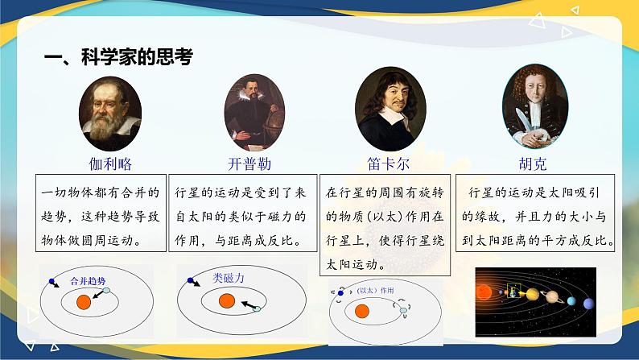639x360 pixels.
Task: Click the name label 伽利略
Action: click(110, 163)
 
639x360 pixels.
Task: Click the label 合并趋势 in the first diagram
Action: click(88, 281)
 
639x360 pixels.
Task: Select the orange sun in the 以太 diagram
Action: click(362, 311)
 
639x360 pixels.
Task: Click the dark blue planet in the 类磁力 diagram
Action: click(190, 281)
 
